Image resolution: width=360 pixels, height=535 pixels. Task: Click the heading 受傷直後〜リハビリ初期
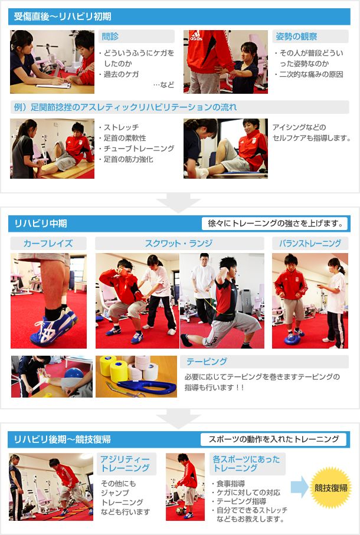[x=63, y=17]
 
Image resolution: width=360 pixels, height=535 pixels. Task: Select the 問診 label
[x=110, y=37]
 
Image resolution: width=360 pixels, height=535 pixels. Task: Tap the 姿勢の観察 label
[x=296, y=37]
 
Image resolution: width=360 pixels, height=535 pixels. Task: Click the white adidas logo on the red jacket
[x=196, y=36]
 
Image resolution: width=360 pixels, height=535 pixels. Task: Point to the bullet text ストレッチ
[x=121, y=127]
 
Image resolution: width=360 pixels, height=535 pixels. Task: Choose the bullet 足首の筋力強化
[x=128, y=159]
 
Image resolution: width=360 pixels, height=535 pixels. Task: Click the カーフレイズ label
[x=48, y=243]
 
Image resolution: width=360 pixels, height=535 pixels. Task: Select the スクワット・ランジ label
[x=179, y=243]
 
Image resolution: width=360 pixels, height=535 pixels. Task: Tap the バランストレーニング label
[x=310, y=243]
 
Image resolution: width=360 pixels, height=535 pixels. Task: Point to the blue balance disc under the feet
[x=293, y=339]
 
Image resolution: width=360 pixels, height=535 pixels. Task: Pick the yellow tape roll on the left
[x=107, y=366]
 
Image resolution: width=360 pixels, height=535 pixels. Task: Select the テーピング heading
[x=207, y=362]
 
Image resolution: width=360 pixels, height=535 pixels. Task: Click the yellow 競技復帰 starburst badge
[x=330, y=488]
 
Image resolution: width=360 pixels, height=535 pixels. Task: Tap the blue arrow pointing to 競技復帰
[x=299, y=487]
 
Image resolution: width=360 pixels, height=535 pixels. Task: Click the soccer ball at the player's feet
[x=179, y=511]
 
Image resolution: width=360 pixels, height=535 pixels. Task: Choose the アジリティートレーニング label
[x=125, y=464]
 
